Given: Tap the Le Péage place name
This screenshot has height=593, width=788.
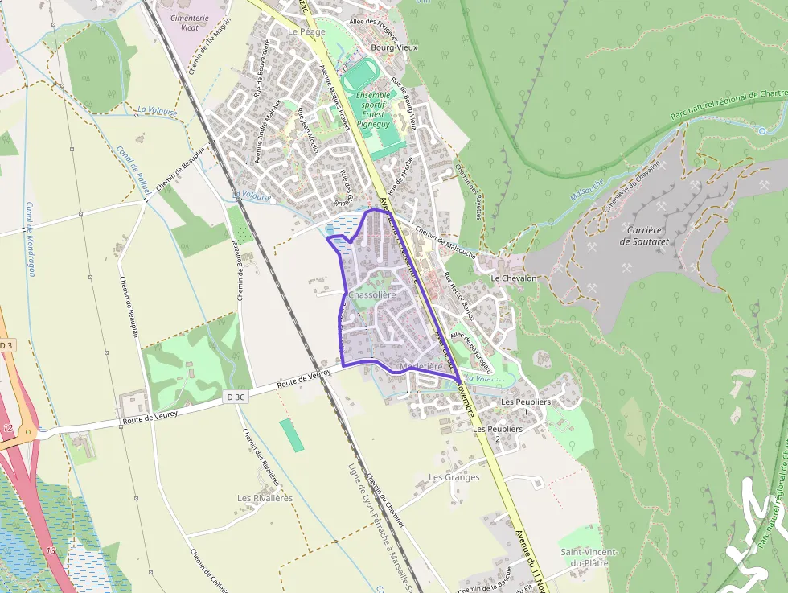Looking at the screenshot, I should point(306,31).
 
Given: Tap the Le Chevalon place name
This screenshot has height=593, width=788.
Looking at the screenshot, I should point(513,278).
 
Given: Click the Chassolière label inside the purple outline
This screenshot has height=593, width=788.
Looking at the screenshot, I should point(372,295).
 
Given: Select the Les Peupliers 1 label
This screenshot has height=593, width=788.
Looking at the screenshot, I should point(526,406).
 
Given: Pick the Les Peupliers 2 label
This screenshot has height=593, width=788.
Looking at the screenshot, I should point(498,434).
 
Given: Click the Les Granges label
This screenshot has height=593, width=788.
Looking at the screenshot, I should point(454,477).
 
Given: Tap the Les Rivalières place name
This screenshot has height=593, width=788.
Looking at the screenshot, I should point(265,498).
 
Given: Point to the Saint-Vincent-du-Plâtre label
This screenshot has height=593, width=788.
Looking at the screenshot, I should point(589,558).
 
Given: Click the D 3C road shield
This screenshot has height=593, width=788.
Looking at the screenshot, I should point(235,397).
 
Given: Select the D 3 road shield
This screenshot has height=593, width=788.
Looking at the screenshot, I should point(7,345).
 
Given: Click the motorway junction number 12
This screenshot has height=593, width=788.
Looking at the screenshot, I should point(8,427).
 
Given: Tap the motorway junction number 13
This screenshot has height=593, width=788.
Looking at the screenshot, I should point(51,550).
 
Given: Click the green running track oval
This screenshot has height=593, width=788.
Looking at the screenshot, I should point(356,79).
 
